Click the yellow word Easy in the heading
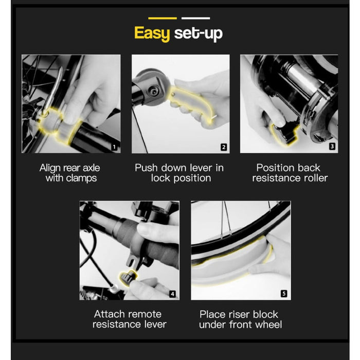pos(152,33)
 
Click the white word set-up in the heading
pos(198,34)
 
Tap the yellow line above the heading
pos(162,18)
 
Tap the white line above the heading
pos(195,18)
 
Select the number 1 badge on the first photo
pos(115,147)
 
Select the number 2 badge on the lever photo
pos(224,147)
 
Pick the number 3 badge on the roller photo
pos(332,147)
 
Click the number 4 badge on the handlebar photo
pos(173,294)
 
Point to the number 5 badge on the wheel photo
pos(284,294)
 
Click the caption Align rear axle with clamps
pos(70,173)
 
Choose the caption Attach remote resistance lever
pos(129,319)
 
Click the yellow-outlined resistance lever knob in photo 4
pos(127,278)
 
